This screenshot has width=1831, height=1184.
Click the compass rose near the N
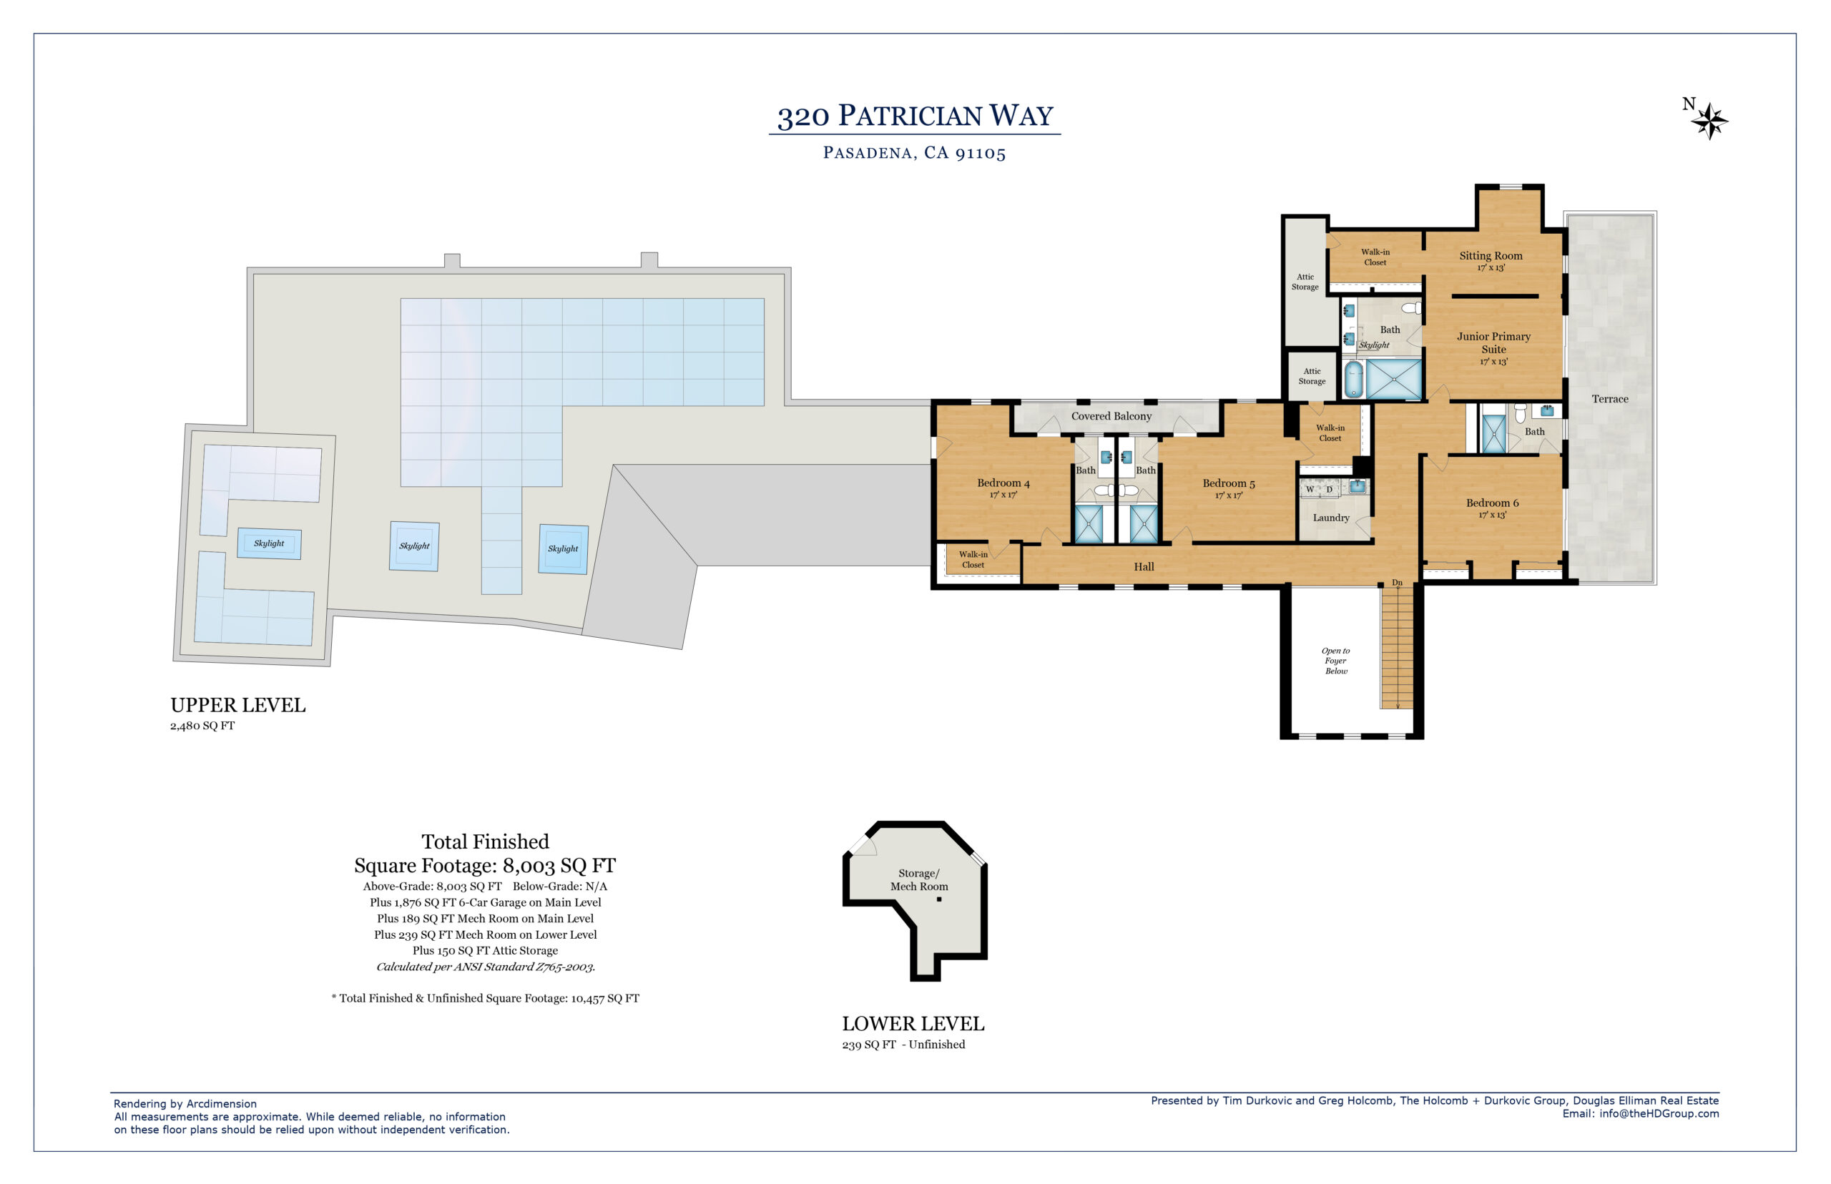click(x=1709, y=121)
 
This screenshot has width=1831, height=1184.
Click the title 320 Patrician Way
click(x=915, y=116)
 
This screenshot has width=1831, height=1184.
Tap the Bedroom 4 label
click(x=1003, y=483)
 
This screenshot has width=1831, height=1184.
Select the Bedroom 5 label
click(x=1228, y=483)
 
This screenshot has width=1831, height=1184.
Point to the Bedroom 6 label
click(x=1492, y=503)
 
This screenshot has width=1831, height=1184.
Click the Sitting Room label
click(x=1491, y=256)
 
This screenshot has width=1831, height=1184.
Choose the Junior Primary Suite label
click(x=1493, y=343)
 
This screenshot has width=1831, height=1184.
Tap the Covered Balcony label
click(x=1111, y=416)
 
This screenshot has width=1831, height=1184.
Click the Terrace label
click(x=1609, y=399)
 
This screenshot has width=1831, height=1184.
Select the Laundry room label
click(x=1330, y=518)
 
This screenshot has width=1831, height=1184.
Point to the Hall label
click(x=1144, y=567)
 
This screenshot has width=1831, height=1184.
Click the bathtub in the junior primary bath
click(x=1353, y=379)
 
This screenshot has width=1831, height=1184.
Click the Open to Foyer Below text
click(x=1336, y=661)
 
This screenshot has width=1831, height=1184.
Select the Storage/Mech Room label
click(x=919, y=879)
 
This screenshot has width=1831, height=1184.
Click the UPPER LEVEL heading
click(x=237, y=705)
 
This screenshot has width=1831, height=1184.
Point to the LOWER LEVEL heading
click(x=913, y=1024)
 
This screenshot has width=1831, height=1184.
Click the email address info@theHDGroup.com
click(x=1659, y=1114)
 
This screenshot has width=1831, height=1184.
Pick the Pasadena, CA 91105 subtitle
click(x=914, y=153)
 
